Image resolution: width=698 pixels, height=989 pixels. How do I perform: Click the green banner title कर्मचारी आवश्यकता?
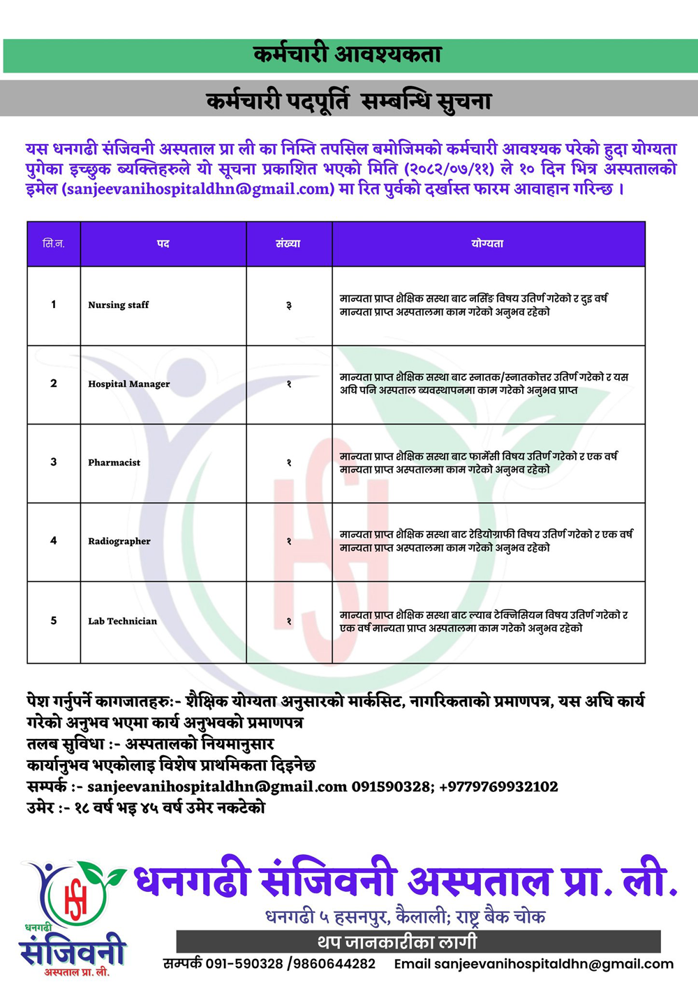click(347, 54)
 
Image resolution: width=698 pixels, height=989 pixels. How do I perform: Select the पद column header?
click(163, 244)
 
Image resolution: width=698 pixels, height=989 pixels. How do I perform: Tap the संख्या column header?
click(288, 244)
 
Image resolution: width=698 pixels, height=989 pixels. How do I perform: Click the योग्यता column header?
click(487, 244)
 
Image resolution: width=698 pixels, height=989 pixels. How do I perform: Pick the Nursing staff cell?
click(119, 305)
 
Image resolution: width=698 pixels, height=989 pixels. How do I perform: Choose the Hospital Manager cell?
click(129, 384)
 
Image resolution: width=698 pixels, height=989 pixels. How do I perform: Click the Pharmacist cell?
click(114, 462)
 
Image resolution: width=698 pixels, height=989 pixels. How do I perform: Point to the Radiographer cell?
click(119, 541)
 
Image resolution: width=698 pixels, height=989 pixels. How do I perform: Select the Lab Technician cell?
click(123, 621)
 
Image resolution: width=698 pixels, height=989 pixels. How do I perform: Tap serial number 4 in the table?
click(54, 541)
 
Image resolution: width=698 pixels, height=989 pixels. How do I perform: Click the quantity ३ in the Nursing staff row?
click(289, 306)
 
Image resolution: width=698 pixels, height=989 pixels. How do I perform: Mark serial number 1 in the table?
click(54, 305)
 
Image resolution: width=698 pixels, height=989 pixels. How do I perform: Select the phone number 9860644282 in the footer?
click(334, 964)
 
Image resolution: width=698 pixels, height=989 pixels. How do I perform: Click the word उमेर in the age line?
click(40, 808)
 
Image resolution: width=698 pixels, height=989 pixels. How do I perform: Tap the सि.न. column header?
click(54, 244)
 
